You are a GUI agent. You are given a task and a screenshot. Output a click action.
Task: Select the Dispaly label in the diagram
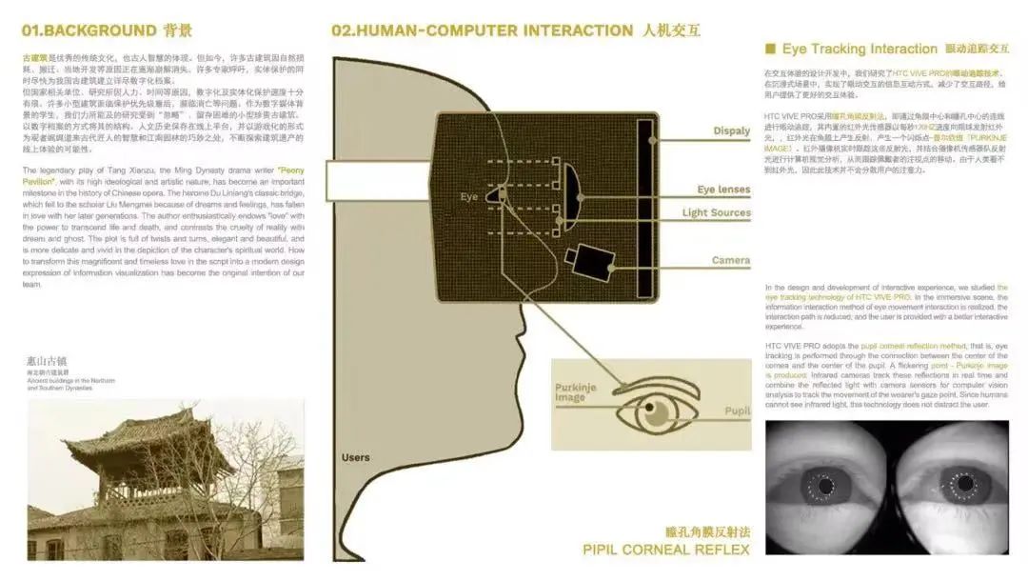(731, 131)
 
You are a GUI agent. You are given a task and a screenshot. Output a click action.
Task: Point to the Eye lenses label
(723, 190)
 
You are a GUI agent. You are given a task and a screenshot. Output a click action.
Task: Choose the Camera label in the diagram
(730, 260)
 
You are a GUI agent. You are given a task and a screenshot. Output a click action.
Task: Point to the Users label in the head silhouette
(355, 458)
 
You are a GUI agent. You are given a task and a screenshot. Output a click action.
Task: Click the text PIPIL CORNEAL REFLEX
(665, 550)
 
